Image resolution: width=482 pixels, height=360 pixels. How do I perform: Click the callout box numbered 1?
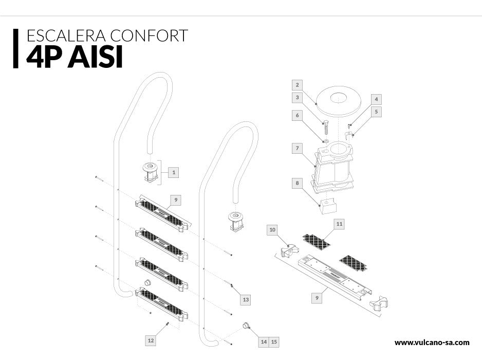(174, 173)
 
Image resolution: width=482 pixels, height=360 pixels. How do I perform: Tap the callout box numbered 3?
(297, 97)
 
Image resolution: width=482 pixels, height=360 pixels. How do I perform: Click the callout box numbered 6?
(297, 116)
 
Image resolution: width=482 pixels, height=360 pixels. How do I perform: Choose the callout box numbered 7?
(297, 149)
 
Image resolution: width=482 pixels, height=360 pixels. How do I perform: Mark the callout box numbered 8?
(297, 183)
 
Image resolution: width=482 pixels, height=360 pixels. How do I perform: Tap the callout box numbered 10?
(272, 229)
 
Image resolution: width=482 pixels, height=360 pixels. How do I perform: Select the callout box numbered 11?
(339, 224)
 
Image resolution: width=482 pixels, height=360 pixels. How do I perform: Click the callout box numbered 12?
(151, 340)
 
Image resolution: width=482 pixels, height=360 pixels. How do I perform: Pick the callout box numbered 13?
(246, 300)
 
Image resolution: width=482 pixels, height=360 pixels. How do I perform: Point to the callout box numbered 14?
(264, 341)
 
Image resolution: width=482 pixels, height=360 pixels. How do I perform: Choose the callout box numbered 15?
(274, 341)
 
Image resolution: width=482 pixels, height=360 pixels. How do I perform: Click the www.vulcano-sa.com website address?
(432, 342)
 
